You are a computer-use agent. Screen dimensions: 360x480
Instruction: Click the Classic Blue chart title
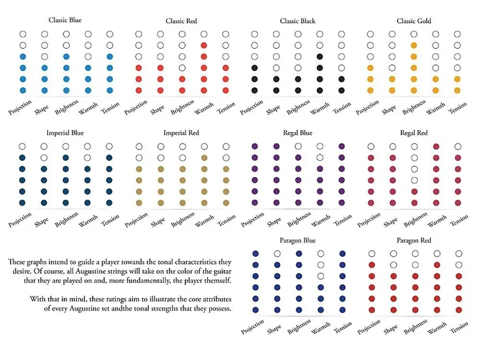(65, 20)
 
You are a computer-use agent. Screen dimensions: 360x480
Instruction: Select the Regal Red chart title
(414, 133)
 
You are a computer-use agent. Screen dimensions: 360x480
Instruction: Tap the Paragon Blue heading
(297, 240)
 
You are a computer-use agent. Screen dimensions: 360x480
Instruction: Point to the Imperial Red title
(181, 133)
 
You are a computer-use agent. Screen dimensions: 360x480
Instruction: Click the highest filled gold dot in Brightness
(413, 45)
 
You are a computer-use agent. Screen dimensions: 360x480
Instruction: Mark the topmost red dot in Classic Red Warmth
(204, 45)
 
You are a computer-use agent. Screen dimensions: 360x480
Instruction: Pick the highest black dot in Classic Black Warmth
(320, 56)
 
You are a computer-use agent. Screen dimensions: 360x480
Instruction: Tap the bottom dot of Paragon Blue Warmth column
(320, 309)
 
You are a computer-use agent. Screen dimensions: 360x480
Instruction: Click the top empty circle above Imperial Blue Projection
(22, 146)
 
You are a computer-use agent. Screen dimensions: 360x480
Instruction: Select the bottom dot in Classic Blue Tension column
(110, 90)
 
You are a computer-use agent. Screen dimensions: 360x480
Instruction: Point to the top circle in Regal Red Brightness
(414, 146)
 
